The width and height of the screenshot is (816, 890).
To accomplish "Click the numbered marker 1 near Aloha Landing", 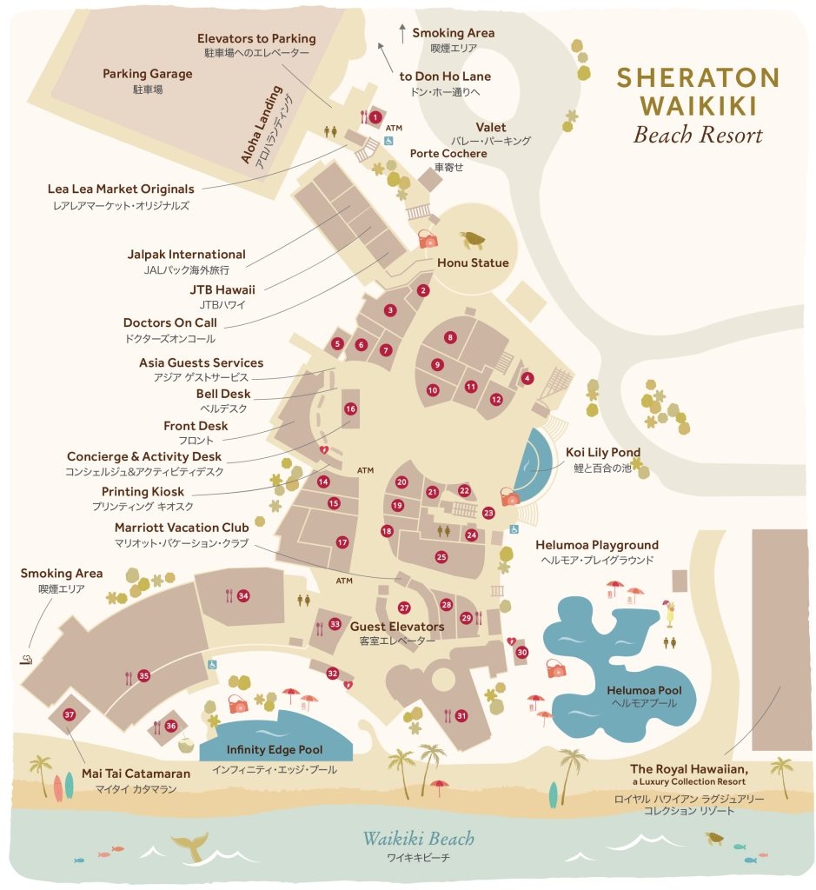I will pos(375,116).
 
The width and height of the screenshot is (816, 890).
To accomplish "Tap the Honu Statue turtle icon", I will pos(473,239).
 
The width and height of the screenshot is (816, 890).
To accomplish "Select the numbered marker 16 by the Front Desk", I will pos(350,408).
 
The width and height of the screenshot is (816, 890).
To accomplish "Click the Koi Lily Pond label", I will pos(602,452).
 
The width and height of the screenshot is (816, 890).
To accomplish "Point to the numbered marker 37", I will pos(70,714).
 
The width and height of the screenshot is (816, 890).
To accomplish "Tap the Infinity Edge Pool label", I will pos(275,749).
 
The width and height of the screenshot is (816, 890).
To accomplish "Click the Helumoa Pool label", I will pos(644,690).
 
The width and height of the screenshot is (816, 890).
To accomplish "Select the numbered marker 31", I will pos(461,716).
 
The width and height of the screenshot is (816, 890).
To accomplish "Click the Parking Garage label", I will pos(148,74).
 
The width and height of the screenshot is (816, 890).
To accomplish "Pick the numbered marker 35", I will pos(144,675).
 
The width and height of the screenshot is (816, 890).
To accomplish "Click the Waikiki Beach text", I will pos(418,839).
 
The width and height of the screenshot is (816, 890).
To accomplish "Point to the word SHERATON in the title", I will pos(698,77).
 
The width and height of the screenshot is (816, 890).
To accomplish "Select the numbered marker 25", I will pos(441,556).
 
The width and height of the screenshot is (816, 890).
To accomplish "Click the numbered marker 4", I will pos(527,378).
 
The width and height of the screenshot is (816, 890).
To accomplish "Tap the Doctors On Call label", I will pos(169,322).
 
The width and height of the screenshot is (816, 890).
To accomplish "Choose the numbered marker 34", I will pos(243,595).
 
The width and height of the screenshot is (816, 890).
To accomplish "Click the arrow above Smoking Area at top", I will pos(402,33).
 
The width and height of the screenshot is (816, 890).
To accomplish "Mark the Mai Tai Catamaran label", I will pos(129,773).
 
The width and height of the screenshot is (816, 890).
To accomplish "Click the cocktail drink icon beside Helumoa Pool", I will pos(670,612).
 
